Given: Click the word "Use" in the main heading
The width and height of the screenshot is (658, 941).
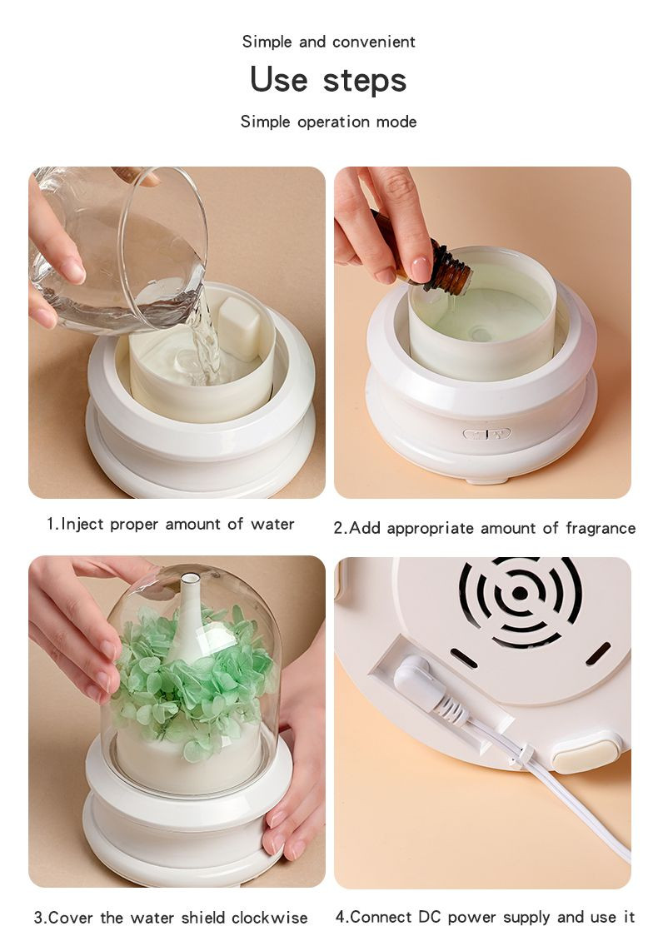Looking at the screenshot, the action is (x=279, y=79).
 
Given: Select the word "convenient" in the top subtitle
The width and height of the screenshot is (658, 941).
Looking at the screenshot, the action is (x=373, y=42).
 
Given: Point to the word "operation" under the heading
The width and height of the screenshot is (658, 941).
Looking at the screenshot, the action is (x=333, y=122).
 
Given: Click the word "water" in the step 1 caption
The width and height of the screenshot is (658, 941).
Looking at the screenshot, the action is (x=272, y=525).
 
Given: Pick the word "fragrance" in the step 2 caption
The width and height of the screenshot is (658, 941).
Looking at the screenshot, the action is (x=601, y=529).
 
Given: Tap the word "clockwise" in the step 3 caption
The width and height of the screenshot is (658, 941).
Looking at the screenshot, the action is (x=270, y=918).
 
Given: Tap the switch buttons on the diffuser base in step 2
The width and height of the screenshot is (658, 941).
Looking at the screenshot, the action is (x=486, y=433).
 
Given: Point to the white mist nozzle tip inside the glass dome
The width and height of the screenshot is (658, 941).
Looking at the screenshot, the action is (x=190, y=579).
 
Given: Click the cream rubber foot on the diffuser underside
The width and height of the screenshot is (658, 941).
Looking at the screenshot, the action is (x=586, y=755).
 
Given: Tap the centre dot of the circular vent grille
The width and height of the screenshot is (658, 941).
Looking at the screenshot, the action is (x=521, y=594).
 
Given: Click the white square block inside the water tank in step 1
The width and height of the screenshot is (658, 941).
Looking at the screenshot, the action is (x=238, y=327).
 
